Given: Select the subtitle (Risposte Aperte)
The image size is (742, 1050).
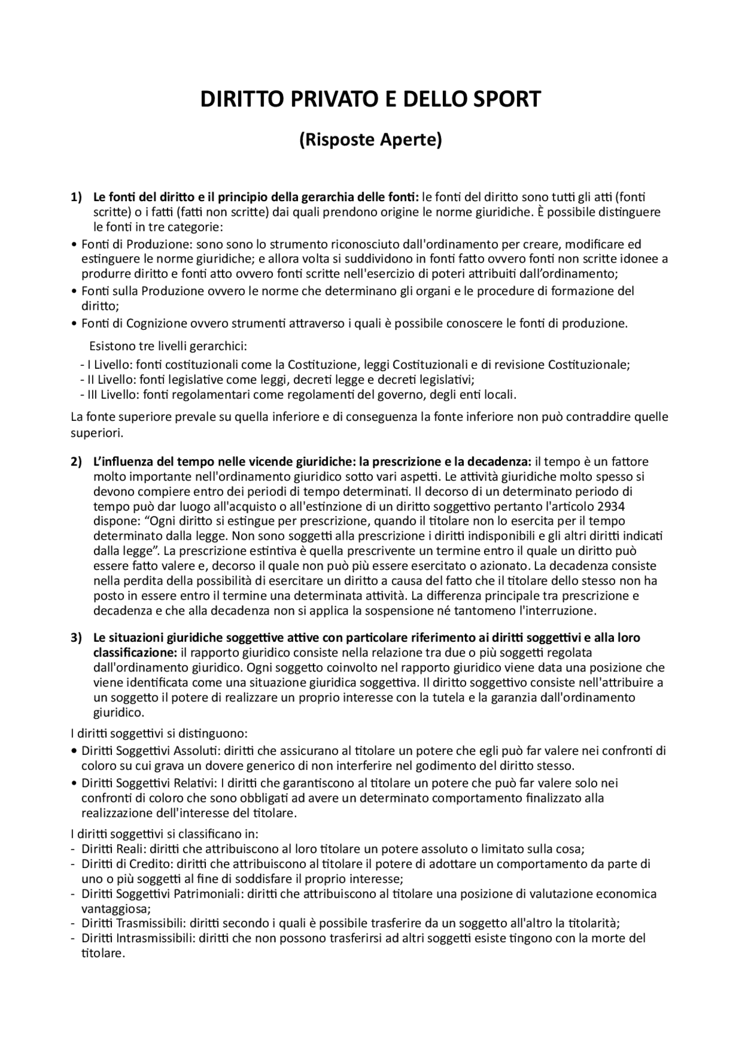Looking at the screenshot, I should [370, 140].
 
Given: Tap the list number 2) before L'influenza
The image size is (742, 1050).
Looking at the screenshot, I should [77, 462].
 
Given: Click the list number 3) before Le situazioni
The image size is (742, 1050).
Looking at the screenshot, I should [77, 638].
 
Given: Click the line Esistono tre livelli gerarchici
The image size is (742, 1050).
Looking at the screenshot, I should [168, 347].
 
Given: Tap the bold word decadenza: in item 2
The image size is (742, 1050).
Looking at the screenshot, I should [501, 462].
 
